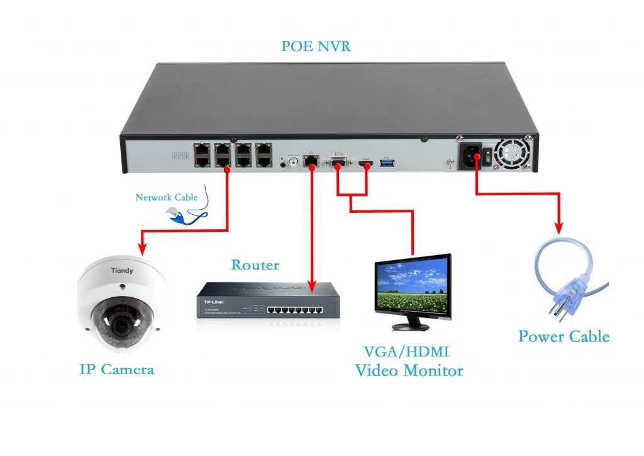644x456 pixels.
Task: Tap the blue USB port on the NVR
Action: (387, 164)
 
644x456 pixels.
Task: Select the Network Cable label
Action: (167, 197)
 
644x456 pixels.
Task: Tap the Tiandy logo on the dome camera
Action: (122, 271)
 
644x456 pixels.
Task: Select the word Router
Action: (255, 265)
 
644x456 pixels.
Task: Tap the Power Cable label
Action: (563, 336)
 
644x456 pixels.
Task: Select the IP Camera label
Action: (117, 369)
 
